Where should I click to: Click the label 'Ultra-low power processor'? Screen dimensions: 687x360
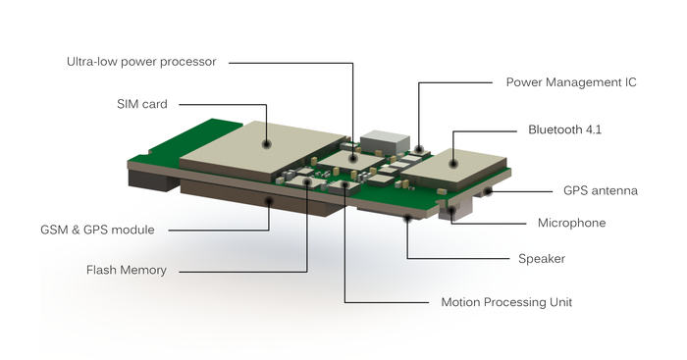pos(141,62)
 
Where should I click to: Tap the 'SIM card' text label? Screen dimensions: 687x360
pos(142,104)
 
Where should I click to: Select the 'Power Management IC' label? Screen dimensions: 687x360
pos(571,82)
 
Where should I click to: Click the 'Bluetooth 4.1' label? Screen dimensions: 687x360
pos(564,129)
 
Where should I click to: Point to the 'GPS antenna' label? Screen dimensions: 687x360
pos(601,191)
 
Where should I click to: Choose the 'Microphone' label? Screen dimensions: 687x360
pos(572,223)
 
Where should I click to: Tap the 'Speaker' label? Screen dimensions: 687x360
pos(542,259)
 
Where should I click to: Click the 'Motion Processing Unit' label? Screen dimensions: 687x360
pos(506,302)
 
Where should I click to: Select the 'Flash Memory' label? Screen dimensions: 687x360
pos(127,270)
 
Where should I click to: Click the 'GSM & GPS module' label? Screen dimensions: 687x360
pos(97,230)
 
